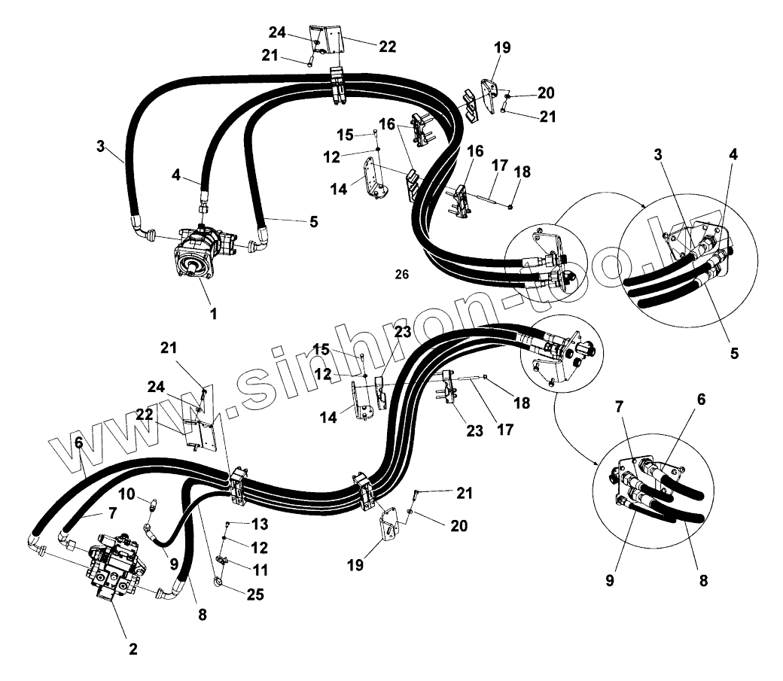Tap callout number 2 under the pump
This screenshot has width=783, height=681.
click(x=133, y=649)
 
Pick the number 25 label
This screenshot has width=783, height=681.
click(x=255, y=594)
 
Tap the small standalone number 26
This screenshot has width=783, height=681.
click(x=401, y=275)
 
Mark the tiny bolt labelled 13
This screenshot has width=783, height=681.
click(x=228, y=522)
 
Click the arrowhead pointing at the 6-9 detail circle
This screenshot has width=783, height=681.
click(x=601, y=461)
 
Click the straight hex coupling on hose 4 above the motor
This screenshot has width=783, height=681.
click(x=202, y=206)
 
